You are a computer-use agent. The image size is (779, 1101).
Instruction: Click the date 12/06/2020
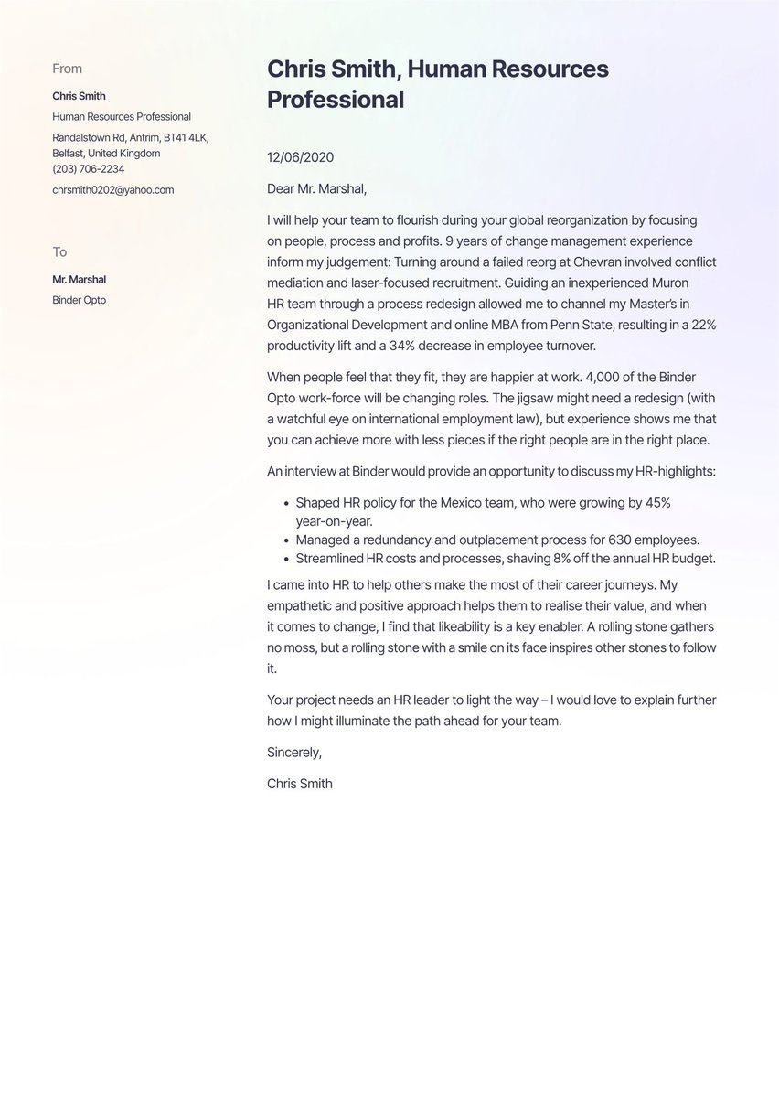point(300,157)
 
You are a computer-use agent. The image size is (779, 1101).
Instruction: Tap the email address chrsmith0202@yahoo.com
point(112,190)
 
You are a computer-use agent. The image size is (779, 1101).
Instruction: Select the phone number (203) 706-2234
point(89,169)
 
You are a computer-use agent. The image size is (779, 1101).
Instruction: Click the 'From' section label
point(67,69)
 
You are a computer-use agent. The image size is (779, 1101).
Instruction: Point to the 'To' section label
point(59,252)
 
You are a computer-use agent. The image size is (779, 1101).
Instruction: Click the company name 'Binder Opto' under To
point(80,300)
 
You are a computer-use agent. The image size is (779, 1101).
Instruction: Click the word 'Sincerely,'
point(294,753)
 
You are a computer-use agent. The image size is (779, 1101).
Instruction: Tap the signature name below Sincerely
point(300,784)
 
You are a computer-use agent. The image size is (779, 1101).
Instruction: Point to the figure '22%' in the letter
point(701,326)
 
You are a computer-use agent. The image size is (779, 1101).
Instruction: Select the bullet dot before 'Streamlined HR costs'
point(286,560)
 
